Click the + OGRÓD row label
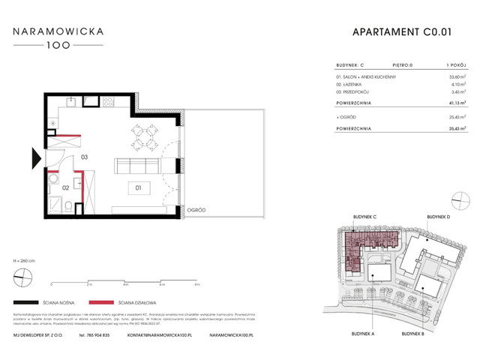[x=346, y=117]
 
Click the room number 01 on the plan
[x=137, y=187]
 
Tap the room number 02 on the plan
[x=66, y=187]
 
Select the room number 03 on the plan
[x=85, y=157]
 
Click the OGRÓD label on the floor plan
[x=196, y=210]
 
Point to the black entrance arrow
[x=35, y=158]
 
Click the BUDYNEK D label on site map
[x=439, y=217]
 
